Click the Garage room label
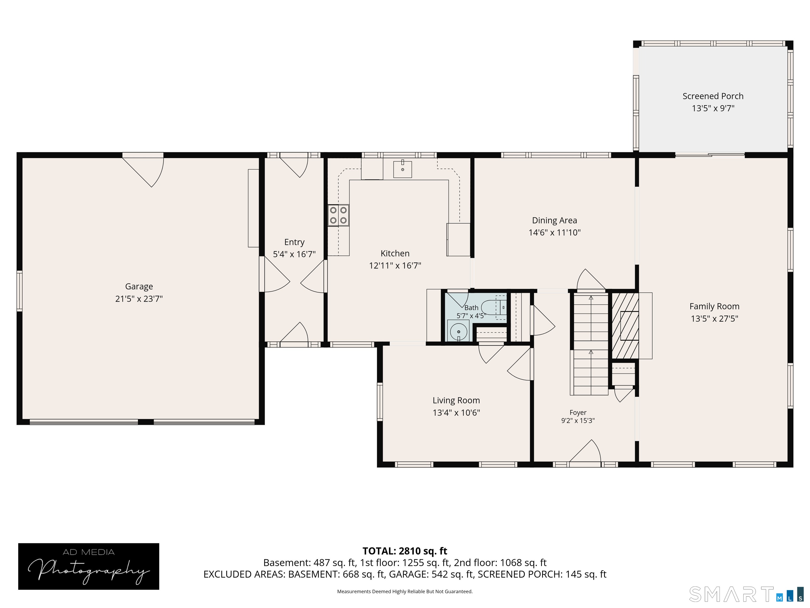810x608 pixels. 139,286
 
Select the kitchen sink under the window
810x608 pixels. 402,169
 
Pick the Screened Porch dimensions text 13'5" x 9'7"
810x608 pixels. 713,108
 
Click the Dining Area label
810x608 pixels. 555,220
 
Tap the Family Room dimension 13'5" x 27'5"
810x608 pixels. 715,319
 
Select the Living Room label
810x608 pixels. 456,401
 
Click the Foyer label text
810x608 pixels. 578,413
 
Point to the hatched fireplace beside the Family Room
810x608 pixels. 625,325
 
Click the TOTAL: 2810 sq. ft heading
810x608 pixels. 405,551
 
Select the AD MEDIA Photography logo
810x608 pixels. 89,566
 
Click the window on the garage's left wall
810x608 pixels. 20,291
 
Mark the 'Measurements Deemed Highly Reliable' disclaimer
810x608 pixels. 405,592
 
